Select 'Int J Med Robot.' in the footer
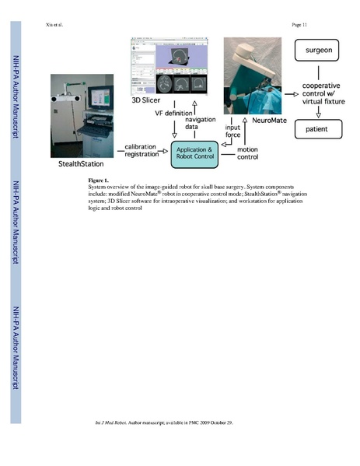click(x=107, y=422)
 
